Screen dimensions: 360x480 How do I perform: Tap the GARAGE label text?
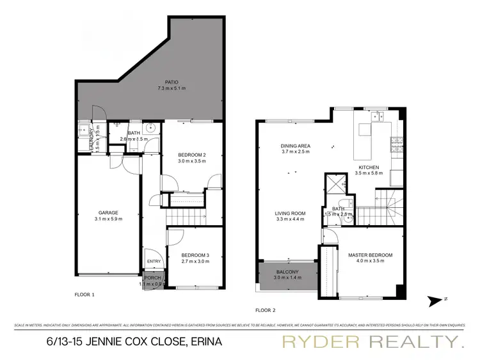(x=106, y=213)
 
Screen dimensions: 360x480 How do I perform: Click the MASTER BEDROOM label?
(x=370, y=255)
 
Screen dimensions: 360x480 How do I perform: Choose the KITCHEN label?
(x=369, y=168)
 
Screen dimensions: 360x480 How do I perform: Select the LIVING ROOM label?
(x=290, y=213)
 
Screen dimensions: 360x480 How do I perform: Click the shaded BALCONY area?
(x=287, y=279)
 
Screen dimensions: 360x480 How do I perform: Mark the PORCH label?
(x=152, y=278)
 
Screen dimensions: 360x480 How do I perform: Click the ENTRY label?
(x=154, y=261)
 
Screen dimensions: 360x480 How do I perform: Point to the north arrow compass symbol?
(x=436, y=299)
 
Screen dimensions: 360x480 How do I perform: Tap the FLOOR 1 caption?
(x=84, y=295)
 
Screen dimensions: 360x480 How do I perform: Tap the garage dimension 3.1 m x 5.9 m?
(x=106, y=219)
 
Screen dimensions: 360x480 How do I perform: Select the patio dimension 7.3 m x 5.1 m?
(x=171, y=88)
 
